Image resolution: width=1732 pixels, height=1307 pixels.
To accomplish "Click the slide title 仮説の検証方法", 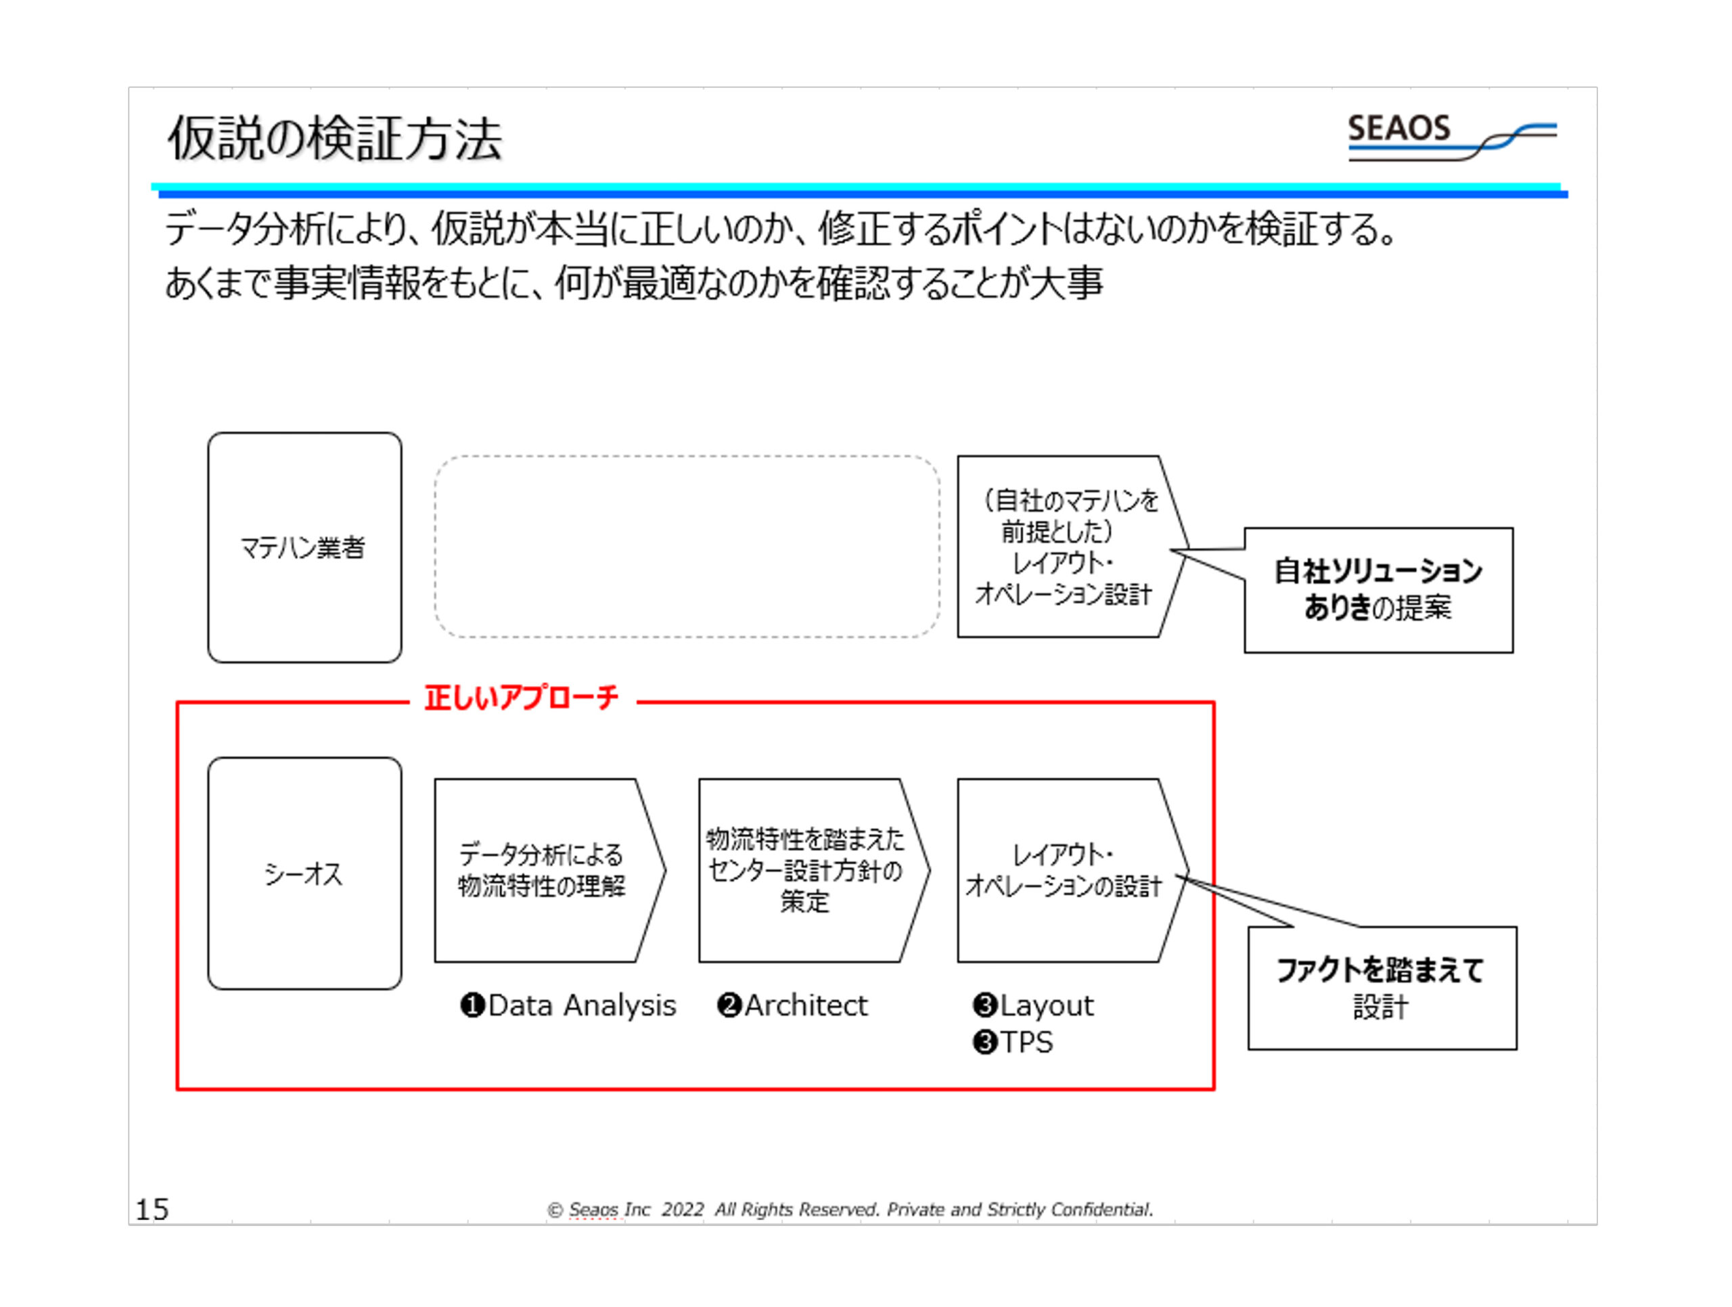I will pyautogui.click(x=334, y=139).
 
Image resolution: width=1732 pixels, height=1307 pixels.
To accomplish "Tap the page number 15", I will pyautogui.click(x=152, y=1209).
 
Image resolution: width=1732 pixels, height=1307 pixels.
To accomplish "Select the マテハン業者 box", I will pyautogui.click(x=304, y=547).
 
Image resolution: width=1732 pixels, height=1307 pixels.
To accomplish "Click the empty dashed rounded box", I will pyautogui.click(x=687, y=547).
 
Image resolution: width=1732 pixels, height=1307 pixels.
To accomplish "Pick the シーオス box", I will pyautogui.click(x=304, y=873).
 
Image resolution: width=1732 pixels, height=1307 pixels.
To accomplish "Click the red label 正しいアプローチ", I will pyautogui.click(x=522, y=697).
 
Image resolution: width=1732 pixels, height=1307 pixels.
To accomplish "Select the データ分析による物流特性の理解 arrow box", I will pyautogui.click(x=543, y=870).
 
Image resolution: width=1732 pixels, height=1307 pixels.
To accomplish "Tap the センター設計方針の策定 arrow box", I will pyautogui.click(x=806, y=870).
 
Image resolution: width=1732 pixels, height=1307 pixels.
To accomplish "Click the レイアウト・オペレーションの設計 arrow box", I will pyautogui.click(x=1064, y=870).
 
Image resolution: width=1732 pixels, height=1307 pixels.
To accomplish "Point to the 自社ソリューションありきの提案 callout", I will pyautogui.click(x=1378, y=590).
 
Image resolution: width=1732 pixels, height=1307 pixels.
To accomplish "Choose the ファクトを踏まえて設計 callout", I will pyautogui.click(x=1382, y=988).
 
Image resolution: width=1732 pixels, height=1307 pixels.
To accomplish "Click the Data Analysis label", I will pyautogui.click(x=581, y=1005).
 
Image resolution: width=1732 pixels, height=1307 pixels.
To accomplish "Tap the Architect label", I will pyautogui.click(x=806, y=1005).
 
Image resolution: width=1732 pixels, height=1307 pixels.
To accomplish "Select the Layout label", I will pyautogui.click(x=1046, y=1005).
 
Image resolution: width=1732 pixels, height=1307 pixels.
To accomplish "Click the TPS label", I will pyautogui.click(x=1026, y=1043).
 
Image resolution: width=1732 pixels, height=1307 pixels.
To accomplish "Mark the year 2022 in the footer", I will pyautogui.click(x=683, y=1210).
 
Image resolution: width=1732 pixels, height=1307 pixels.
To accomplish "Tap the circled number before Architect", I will pyautogui.click(x=729, y=1005).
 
